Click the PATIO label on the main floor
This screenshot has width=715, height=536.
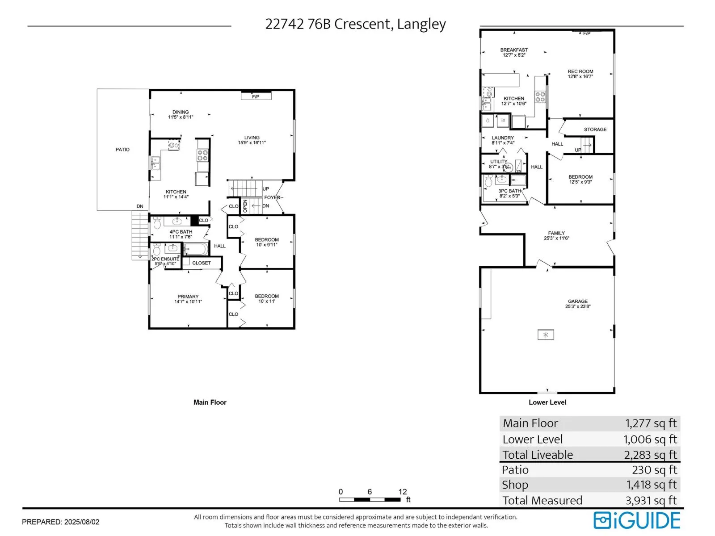click(x=122, y=149)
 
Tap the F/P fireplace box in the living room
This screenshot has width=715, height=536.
click(x=256, y=96)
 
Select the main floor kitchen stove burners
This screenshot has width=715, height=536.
click(x=202, y=155)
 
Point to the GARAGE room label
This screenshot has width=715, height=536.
click(x=577, y=301)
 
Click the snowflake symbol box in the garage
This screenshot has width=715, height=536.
click(x=546, y=335)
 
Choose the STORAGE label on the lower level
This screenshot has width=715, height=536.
click(x=595, y=129)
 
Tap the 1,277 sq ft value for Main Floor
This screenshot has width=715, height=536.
click(x=651, y=423)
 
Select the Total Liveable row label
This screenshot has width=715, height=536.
click(x=538, y=454)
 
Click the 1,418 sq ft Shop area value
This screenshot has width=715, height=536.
click(x=652, y=485)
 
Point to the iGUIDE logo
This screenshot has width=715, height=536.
click(x=636, y=520)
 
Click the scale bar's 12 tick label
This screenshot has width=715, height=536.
click(x=403, y=491)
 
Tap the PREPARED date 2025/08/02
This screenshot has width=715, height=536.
click(x=82, y=522)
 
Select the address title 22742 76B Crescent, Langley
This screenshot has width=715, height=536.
click(x=355, y=24)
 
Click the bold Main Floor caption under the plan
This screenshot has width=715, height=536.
click(x=210, y=402)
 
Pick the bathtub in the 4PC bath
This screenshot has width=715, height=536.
click(x=196, y=249)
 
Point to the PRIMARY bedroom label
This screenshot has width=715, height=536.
click(x=188, y=297)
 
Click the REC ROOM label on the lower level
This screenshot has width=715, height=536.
click(x=580, y=71)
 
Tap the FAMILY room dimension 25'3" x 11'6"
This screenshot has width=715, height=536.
click(x=556, y=238)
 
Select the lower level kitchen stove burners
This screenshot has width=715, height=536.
click(x=540, y=97)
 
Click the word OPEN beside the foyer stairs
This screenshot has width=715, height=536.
click(x=245, y=206)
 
